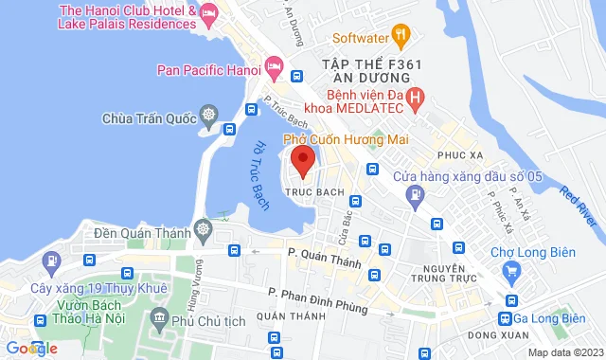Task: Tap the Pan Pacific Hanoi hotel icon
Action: point(275,67)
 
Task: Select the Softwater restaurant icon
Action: point(401,39)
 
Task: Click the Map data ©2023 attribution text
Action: point(564,352)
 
